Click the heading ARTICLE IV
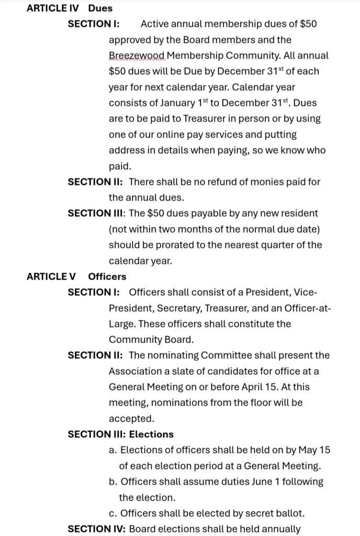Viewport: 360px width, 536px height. [52, 8]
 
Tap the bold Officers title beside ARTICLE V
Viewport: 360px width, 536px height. [107, 276]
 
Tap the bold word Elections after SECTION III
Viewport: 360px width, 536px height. [151, 434]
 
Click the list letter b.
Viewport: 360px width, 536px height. [112, 482]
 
